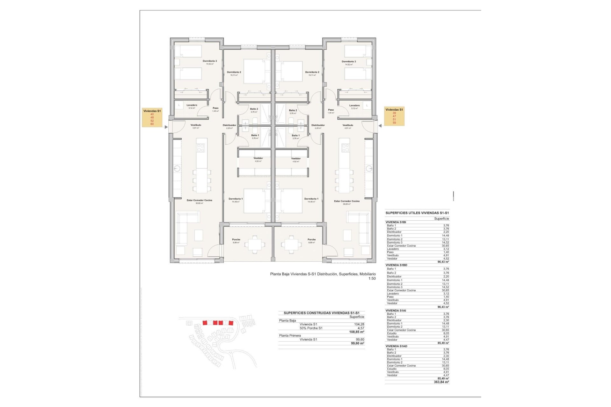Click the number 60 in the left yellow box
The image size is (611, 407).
[x=152, y=124]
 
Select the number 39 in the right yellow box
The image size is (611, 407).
[x=394, y=113]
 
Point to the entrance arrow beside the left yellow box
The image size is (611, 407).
[x=166, y=127]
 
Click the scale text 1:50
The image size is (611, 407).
[x=372, y=279]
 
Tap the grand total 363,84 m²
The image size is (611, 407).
[x=441, y=382]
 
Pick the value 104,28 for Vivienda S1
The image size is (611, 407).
[x=359, y=324]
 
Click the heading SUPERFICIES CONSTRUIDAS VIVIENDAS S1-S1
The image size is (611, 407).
[x=321, y=313]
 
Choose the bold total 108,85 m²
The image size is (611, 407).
[x=356, y=332]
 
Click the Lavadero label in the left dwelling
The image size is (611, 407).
[x=192, y=105]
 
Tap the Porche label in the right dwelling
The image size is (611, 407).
[x=312, y=240]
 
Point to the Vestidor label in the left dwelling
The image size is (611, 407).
[x=258, y=158]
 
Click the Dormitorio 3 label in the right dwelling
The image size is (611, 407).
[x=349, y=62]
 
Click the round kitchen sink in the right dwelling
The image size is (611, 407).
[x=369, y=169]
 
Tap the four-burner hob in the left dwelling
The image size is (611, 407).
[x=200, y=148]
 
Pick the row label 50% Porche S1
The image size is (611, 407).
[x=311, y=328]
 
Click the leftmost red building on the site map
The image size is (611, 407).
[x=205, y=323]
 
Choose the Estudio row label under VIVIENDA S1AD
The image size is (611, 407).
[x=392, y=369]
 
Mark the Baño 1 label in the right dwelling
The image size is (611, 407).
[x=296, y=135]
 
